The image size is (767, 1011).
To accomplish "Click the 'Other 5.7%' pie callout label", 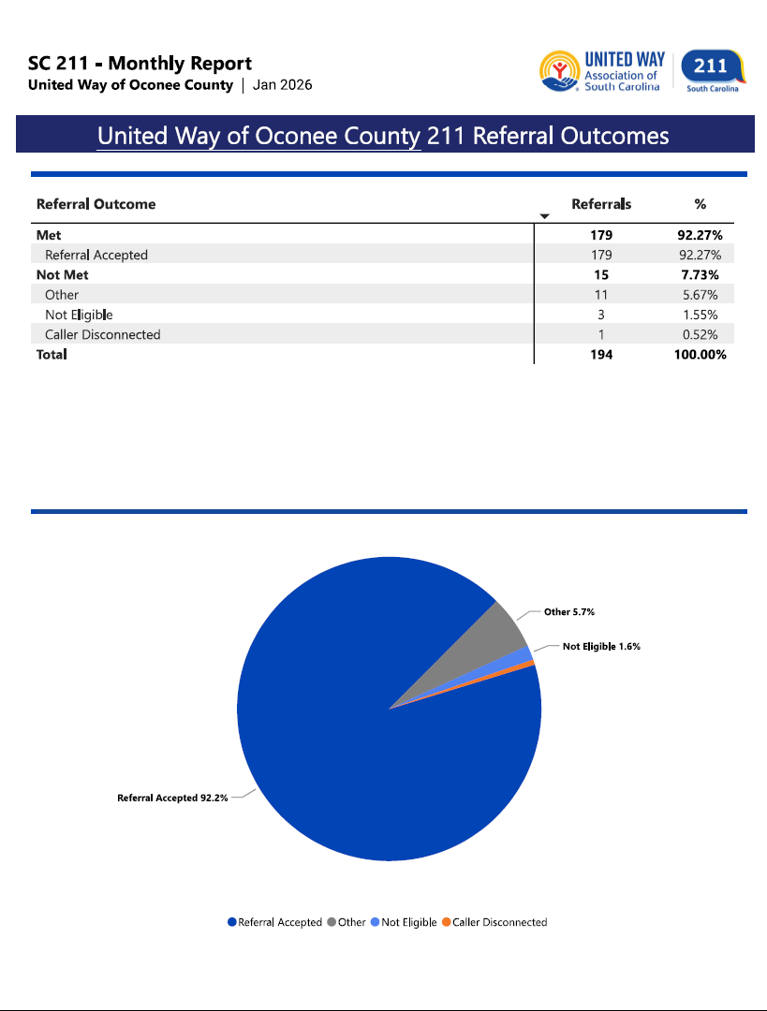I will pos(568,611).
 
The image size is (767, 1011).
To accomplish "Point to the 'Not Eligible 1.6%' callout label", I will pos(601,646).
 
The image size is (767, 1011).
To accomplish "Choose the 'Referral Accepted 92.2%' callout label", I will pos(172,799).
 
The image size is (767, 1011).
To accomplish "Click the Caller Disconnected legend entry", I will pos(494,922).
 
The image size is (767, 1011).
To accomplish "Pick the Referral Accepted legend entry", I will pos(274,922).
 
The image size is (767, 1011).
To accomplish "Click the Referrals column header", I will pos(601,204).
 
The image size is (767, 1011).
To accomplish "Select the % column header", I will pos(700,204).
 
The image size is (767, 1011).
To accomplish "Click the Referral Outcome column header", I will pos(96,204).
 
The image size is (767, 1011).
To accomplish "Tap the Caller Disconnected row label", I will pos(103,335).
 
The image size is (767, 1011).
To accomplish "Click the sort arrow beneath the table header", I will pos(545,217).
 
